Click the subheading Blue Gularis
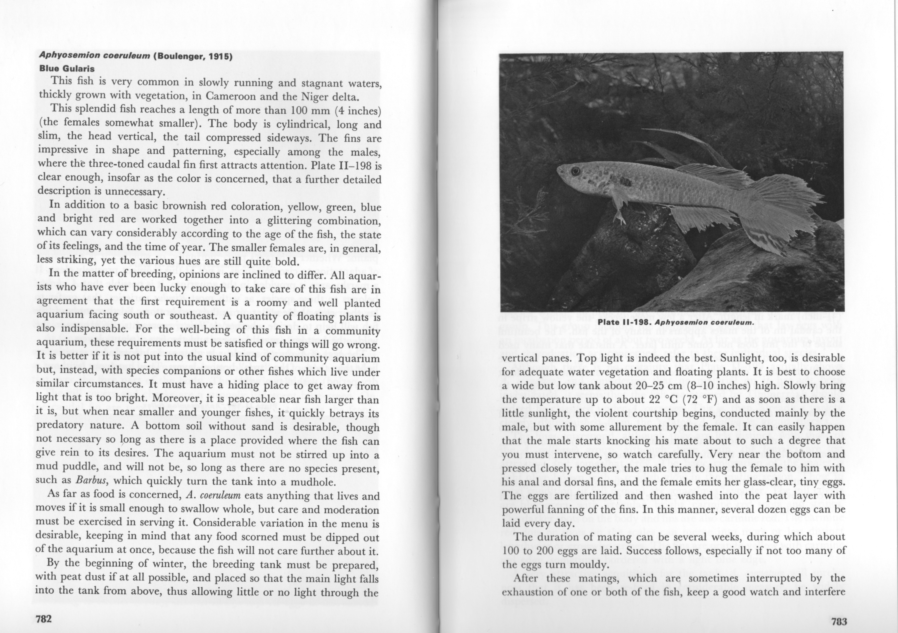tap(67, 68)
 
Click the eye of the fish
tap(575, 171)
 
